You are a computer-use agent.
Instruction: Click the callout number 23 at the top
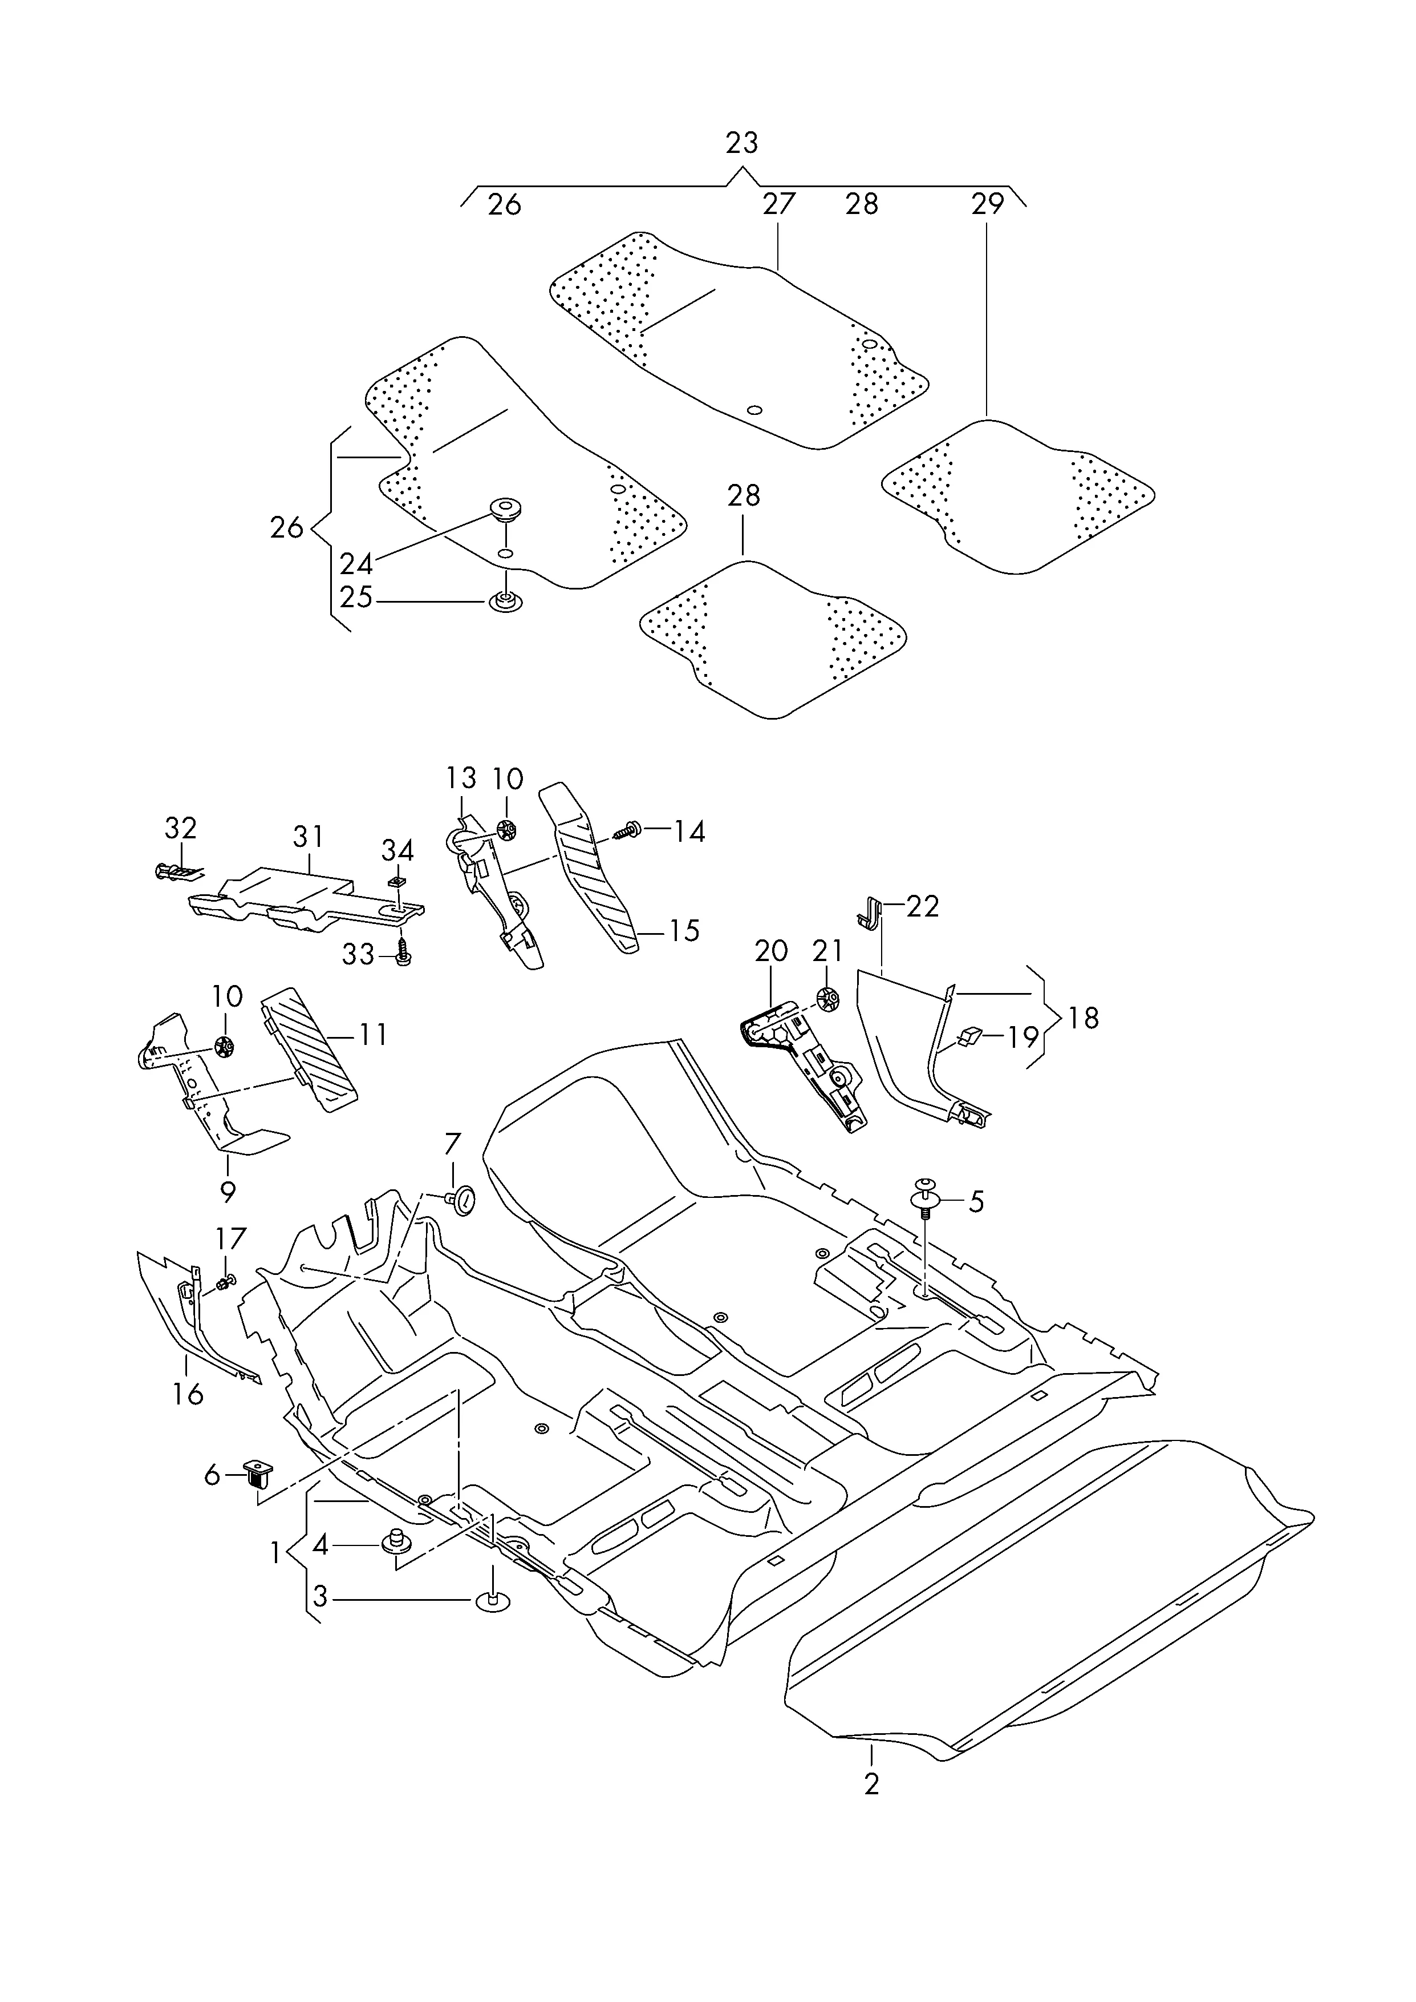(741, 142)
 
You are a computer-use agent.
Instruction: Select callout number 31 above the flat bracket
(308, 837)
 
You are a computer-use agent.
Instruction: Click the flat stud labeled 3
(493, 1601)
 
